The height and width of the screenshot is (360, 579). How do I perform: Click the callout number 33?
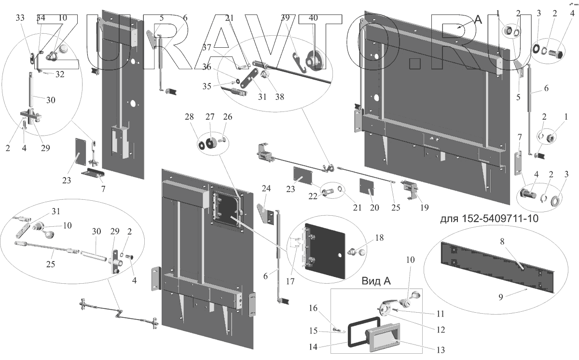click(20, 18)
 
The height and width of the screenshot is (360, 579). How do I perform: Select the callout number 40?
click(313, 18)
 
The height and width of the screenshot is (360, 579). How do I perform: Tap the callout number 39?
click(285, 18)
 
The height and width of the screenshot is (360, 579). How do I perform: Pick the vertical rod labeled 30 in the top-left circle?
click(32, 90)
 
